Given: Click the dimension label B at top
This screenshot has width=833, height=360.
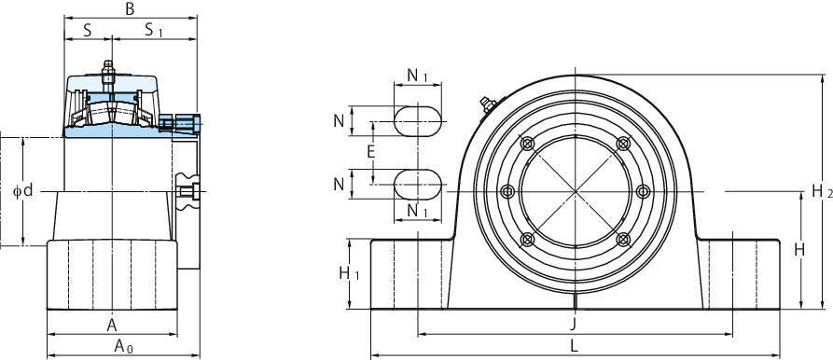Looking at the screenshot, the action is click(130, 8).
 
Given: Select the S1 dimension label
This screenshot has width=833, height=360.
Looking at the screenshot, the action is click(154, 30).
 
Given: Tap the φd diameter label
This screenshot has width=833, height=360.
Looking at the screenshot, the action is click(22, 190).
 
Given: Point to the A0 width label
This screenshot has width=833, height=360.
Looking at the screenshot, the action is click(124, 347).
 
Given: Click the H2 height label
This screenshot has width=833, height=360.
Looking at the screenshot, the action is click(822, 191).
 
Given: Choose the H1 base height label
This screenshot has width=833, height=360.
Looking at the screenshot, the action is click(350, 273).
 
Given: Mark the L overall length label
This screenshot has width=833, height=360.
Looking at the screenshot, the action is click(574, 346).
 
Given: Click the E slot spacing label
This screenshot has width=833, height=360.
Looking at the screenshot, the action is click(371, 152).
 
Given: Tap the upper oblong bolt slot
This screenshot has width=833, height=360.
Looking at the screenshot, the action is click(418, 121).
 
